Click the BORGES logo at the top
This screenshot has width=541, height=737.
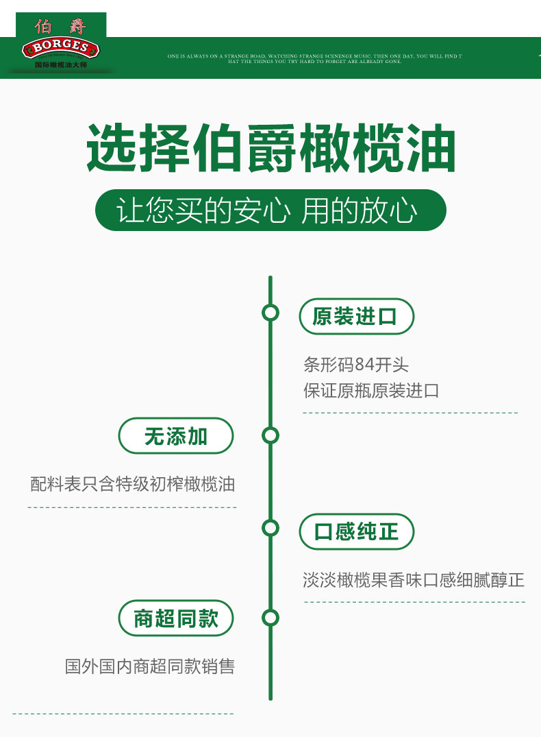pos(61,47)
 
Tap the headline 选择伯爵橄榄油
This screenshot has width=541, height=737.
pos(270,148)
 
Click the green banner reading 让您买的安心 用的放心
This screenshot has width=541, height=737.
pos(270,210)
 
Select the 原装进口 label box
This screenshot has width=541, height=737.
pos(356,317)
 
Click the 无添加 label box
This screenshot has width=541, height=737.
pos(176,436)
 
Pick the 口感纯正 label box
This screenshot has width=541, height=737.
pos(356,531)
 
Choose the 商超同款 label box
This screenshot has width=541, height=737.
pos(176,619)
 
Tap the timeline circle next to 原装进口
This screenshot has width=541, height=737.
pos(270,313)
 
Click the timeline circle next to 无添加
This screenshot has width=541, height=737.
pos(270,435)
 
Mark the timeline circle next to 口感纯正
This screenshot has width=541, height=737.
pos(270,528)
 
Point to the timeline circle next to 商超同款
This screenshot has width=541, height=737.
pos(270,618)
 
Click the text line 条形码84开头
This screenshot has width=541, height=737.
pos(355,364)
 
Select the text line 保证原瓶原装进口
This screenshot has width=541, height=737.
pos(371,391)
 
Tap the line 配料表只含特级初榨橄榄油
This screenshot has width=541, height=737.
pos(132,484)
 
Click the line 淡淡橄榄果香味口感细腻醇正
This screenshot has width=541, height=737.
pos(414,580)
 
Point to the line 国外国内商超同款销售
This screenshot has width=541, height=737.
pos(150,666)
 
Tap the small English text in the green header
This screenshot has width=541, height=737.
pos(314,58)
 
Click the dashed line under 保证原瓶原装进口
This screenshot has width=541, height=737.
pos(410,413)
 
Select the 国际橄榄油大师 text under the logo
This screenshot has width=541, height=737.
pos(61,64)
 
